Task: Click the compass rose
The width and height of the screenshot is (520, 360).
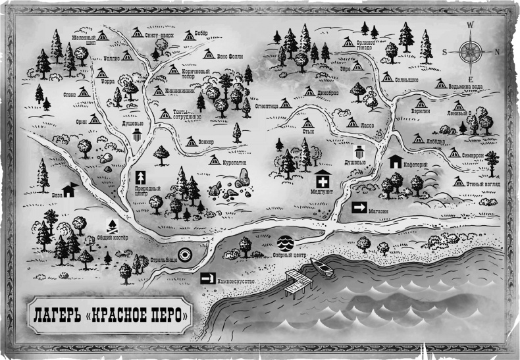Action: pyautogui.click(x=471, y=51)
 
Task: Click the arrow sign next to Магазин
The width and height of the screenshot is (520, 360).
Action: pyautogui.click(x=359, y=208)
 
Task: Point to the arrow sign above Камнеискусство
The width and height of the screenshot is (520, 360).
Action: pyautogui.click(x=209, y=279)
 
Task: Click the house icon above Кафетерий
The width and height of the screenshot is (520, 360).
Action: pyautogui.click(x=396, y=161)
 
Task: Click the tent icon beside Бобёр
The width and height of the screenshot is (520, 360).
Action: pyautogui.click(x=190, y=36)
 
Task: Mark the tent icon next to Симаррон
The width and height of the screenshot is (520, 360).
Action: pyautogui.click(x=454, y=153)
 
